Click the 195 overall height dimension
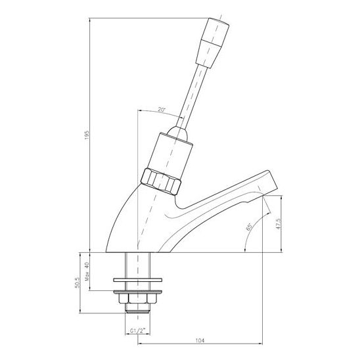[x=87, y=135]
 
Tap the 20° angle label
[x=162, y=110]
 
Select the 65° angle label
[x=249, y=227]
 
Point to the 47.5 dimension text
[x=279, y=224]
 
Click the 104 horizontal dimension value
[x=200, y=340]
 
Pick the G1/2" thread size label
[x=138, y=331]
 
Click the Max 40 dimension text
[x=87, y=272]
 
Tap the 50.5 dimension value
[x=77, y=282]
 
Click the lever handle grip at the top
[x=213, y=43]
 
